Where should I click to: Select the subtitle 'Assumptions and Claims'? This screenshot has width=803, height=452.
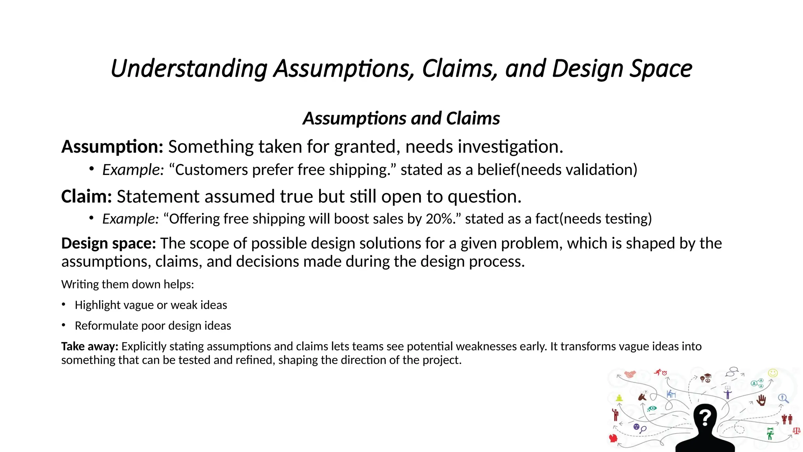pyautogui.click(x=401, y=118)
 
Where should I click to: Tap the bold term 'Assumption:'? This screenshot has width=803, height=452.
pyautogui.click(x=112, y=147)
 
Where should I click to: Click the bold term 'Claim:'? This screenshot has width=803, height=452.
pyautogui.click(x=87, y=196)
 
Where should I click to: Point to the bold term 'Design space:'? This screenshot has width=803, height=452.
pyautogui.click(x=109, y=243)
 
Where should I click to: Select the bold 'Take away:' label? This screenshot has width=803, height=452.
pyautogui.click(x=90, y=346)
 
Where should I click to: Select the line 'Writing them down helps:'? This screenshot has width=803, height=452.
pyautogui.click(x=127, y=284)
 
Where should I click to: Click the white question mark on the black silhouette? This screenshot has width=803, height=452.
pyautogui.click(x=705, y=417)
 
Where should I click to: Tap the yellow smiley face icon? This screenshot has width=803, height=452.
pyautogui.click(x=773, y=373)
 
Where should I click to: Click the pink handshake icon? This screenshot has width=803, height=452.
pyautogui.click(x=630, y=374)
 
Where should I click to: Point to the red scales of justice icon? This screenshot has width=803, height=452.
pyautogui.click(x=796, y=431)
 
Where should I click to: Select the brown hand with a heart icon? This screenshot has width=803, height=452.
pyautogui.click(x=761, y=400)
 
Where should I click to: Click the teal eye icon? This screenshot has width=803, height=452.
pyautogui.click(x=652, y=408)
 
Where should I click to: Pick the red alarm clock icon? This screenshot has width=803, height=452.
pyautogui.click(x=665, y=373)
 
